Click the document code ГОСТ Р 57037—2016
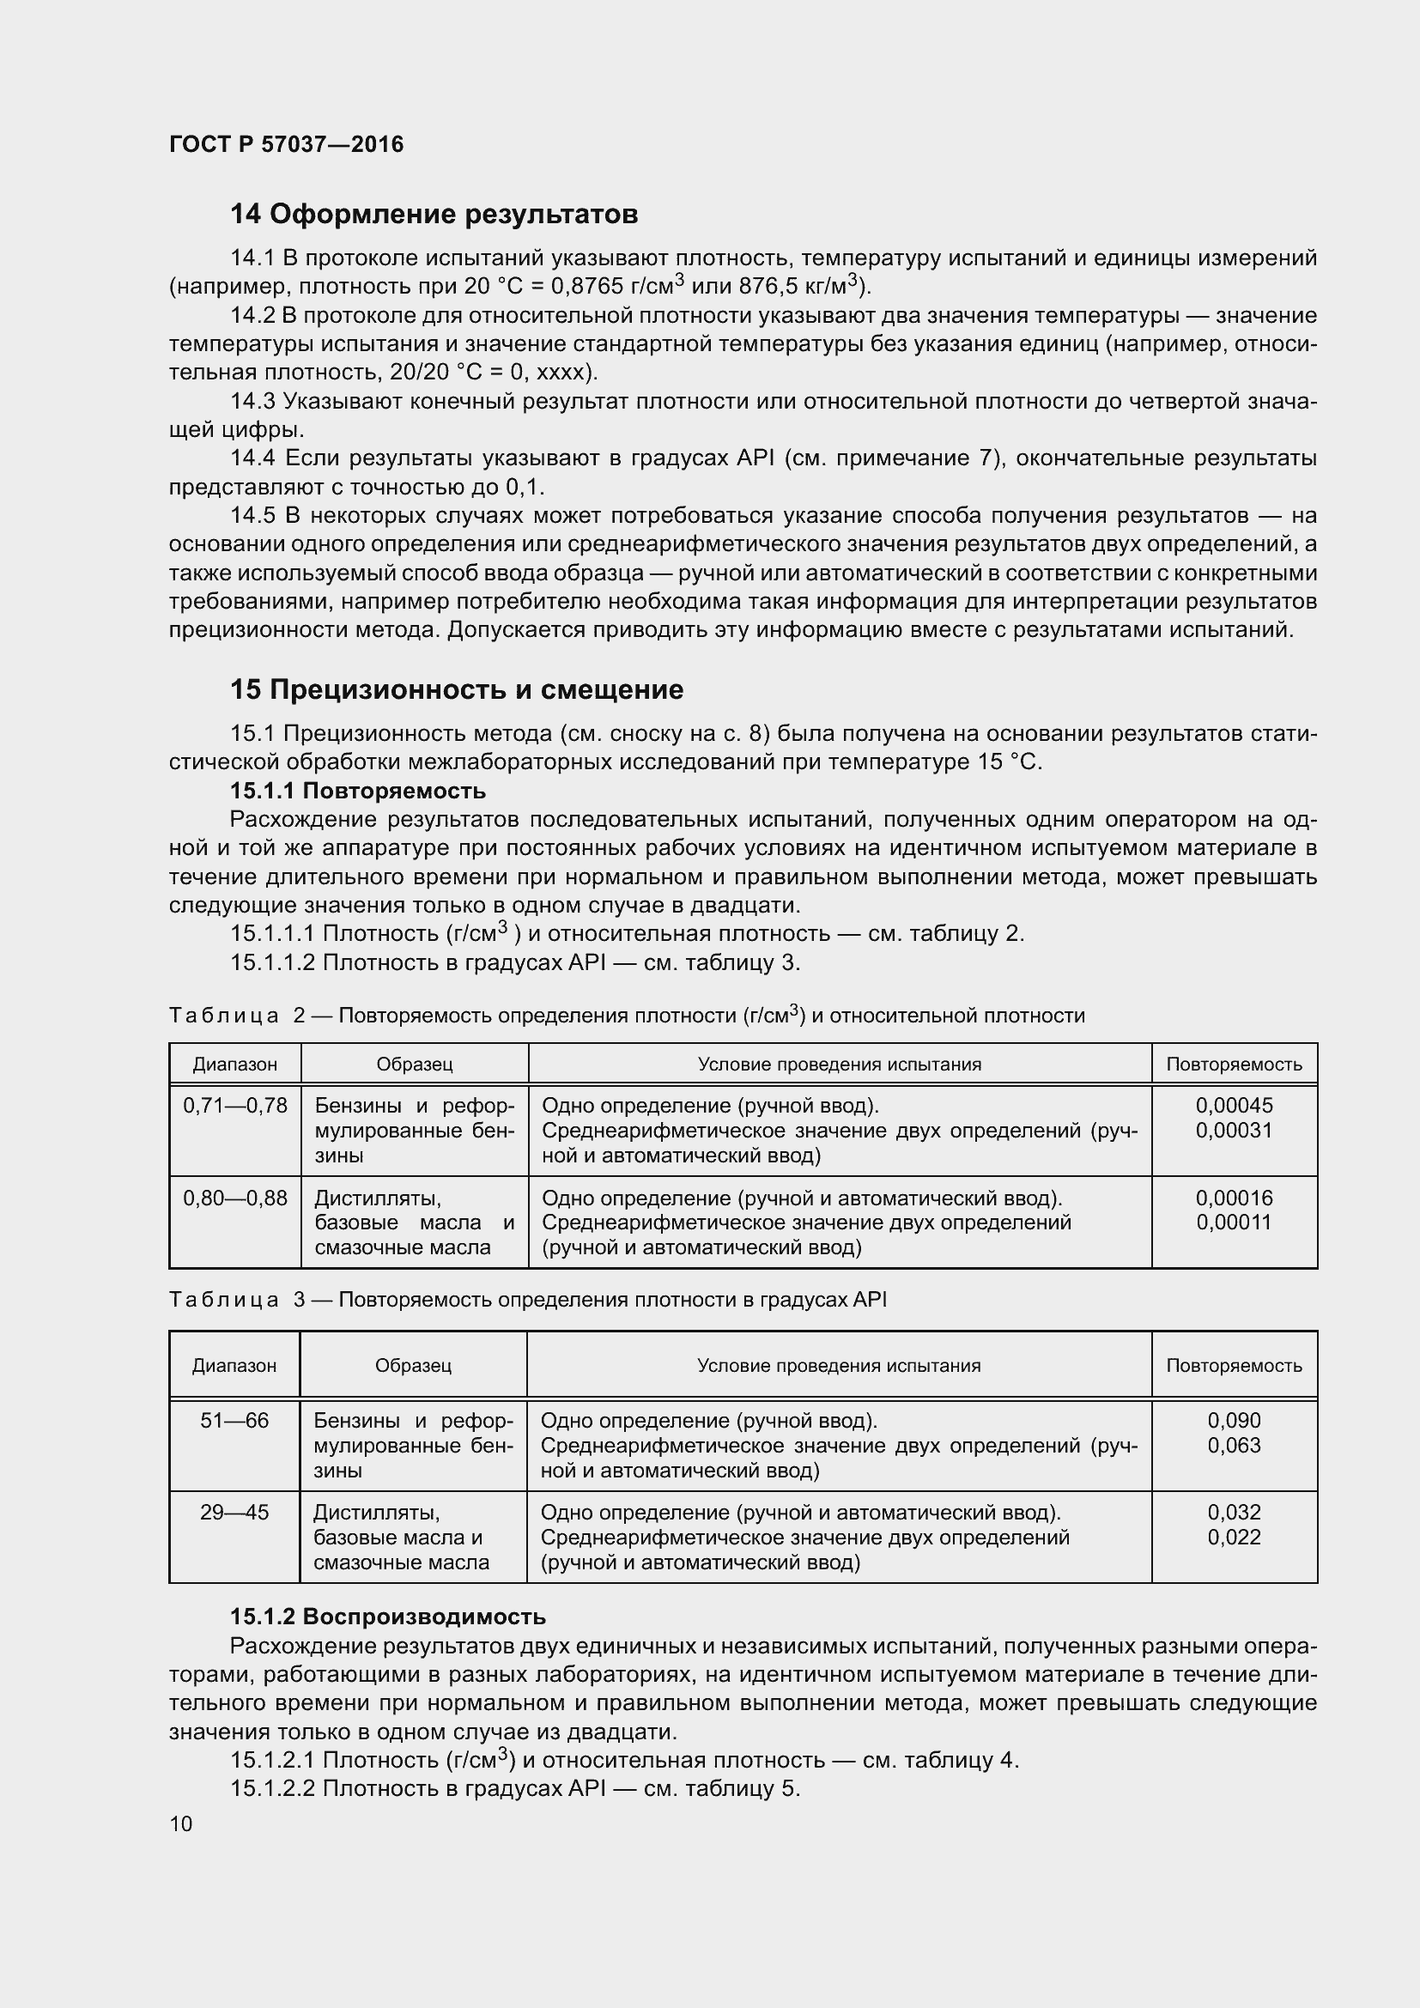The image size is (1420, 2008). point(286,144)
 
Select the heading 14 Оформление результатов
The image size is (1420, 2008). point(434,215)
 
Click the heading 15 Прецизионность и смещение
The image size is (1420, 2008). point(457,690)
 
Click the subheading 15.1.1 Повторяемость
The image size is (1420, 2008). point(358,791)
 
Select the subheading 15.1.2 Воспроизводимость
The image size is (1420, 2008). point(387,1617)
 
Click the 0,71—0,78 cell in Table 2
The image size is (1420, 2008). point(234,1106)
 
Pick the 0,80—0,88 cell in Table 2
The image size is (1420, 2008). point(234,1198)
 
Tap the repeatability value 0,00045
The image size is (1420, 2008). point(1234,1106)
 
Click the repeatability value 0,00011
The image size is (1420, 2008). point(1234,1222)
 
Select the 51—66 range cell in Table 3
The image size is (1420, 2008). point(234,1420)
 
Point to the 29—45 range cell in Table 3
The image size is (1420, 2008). point(234,1512)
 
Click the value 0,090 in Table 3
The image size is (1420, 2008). point(1234,1420)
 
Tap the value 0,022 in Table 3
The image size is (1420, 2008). point(1234,1537)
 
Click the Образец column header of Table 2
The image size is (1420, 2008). point(415,1065)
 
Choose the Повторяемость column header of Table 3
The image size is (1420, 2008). point(1234,1365)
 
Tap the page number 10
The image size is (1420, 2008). point(181,1823)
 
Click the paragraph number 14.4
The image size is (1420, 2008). point(252,458)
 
